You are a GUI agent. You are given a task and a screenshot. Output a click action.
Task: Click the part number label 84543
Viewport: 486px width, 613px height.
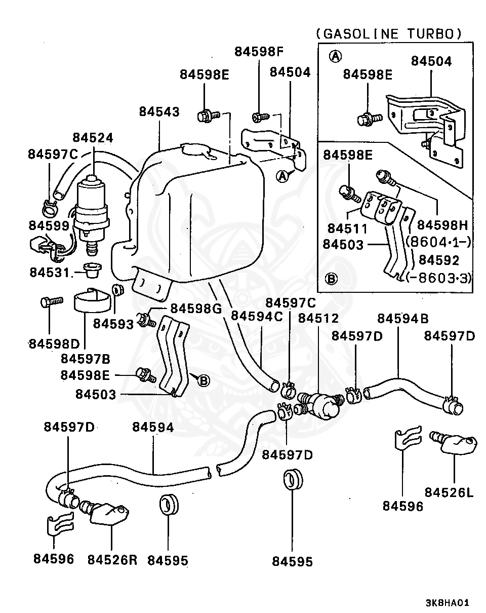pyautogui.click(x=159, y=111)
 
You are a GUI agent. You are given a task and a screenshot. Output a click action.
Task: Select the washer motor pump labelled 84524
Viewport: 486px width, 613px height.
pyautogui.click(x=92, y=214)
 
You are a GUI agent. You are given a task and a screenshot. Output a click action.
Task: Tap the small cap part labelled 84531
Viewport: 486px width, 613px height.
pyautogui.click(x=92, y=271)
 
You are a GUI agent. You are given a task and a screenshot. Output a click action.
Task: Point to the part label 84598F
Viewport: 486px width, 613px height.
pyautogui.click(x=259, y=52)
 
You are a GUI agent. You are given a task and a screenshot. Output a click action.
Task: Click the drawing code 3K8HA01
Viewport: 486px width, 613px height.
pyautogui.click(x=447, y=603)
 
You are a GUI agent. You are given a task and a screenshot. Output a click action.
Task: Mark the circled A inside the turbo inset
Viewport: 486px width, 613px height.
pyautogui.click(x=335, y=56)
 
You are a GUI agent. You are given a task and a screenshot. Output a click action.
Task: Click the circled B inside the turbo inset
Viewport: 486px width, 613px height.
pyautogui.click(x=331, y=279)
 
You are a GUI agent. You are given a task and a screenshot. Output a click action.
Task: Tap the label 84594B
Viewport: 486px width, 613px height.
pyautogui.click(x=403, y=319)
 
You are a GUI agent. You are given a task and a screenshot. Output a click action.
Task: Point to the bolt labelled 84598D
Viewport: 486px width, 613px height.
pyautogui.click(x=52, y=301)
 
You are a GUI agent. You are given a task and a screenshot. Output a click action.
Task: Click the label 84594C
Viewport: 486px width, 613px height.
pyautogui.click(x=257, y=316)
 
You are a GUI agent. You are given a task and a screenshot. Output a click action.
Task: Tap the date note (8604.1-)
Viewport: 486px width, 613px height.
pyautogui.click(x=438, y=242)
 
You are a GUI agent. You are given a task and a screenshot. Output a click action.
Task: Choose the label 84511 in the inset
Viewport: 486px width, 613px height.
pyautogui.click(x=348, y=228)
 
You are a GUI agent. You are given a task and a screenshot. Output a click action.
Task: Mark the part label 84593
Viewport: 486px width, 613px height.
pyautogui.click(x=113, y=324)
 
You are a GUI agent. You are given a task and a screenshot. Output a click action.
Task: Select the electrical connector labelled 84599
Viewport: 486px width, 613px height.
pyautogui.click(x=46, y=247)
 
